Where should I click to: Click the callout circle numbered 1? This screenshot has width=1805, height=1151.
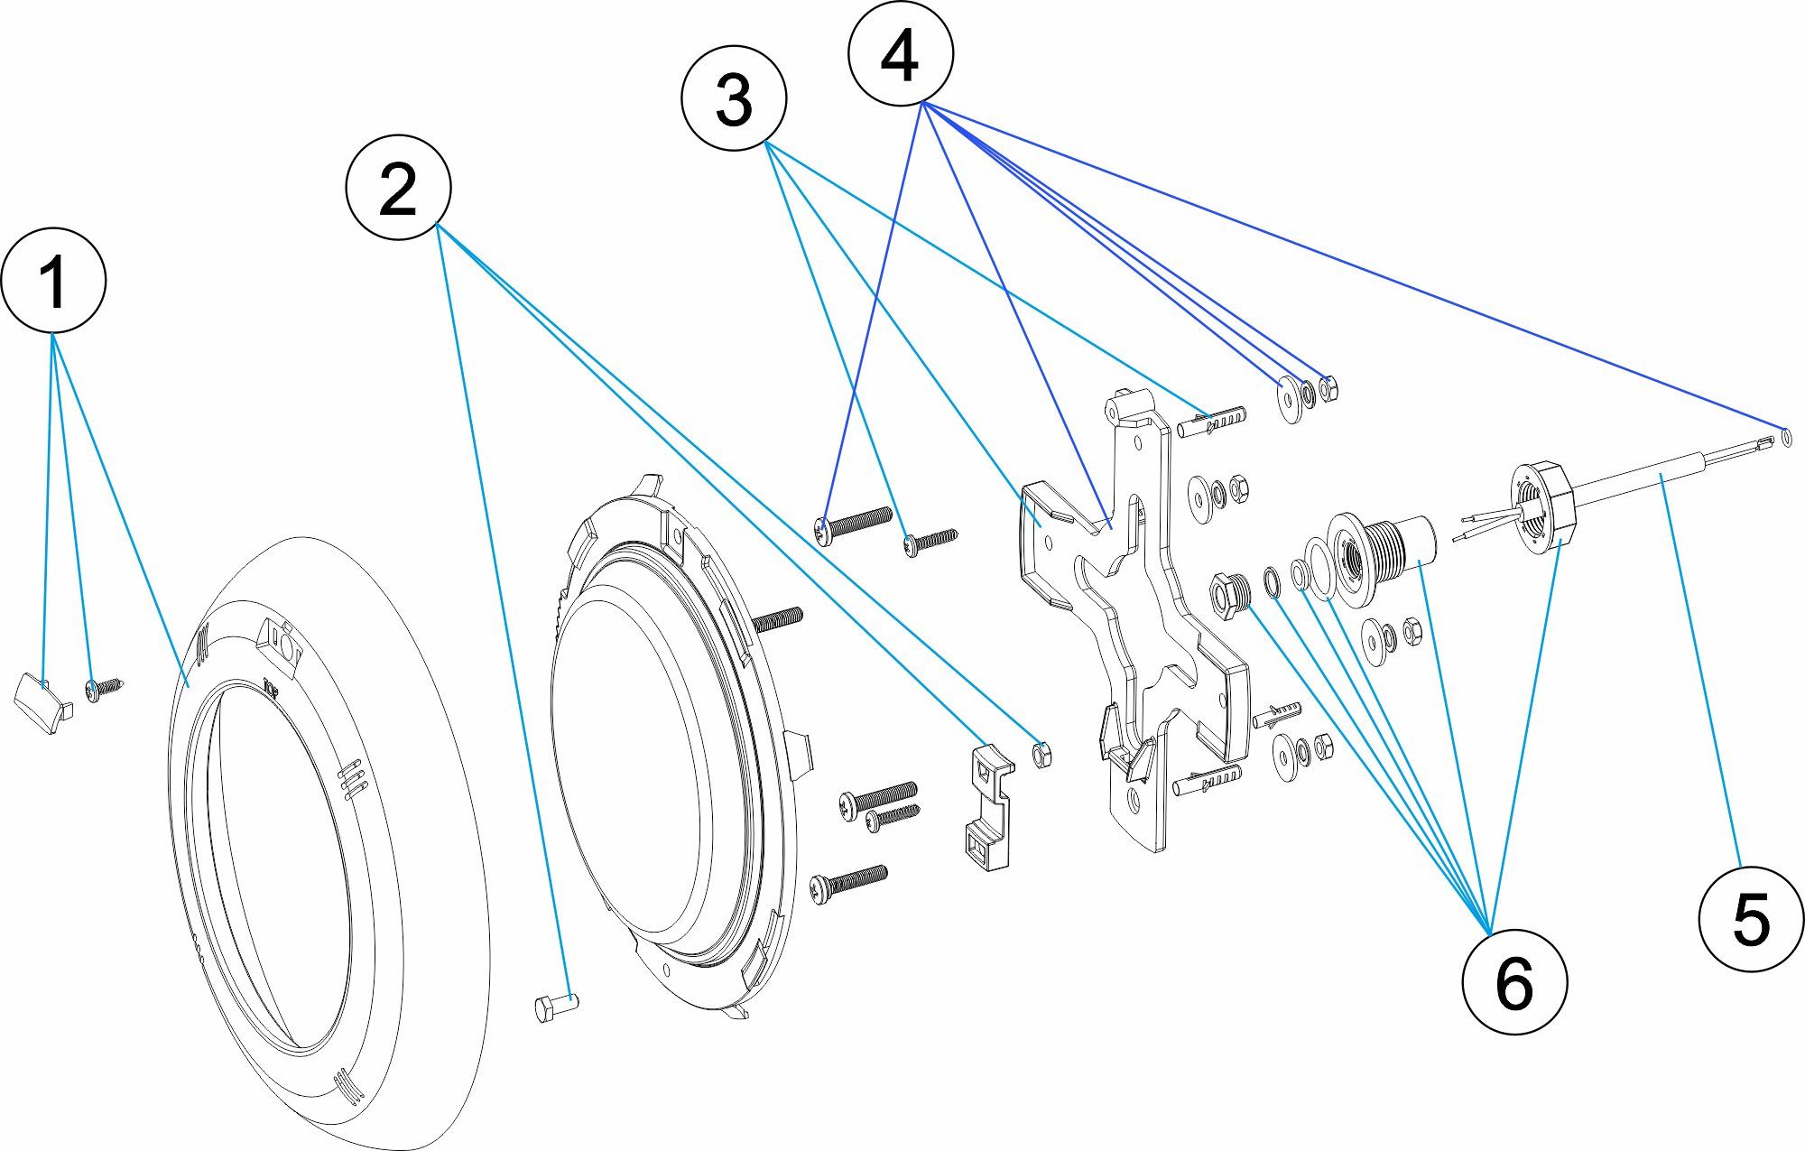point(53,280)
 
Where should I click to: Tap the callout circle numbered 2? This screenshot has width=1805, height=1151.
point(398,188)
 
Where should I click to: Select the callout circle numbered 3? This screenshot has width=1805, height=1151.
point(734,97)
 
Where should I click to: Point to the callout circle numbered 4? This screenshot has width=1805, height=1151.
point(900,54)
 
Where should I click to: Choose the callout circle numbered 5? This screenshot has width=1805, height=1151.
point(1751,919)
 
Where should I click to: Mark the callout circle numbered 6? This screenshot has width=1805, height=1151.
point(1513,981)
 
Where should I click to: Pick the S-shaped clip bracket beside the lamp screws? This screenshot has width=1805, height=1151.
point(988,808)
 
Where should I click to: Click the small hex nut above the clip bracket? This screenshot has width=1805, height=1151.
point(1041,754)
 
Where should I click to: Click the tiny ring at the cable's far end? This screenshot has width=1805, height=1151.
point(1787,438)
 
